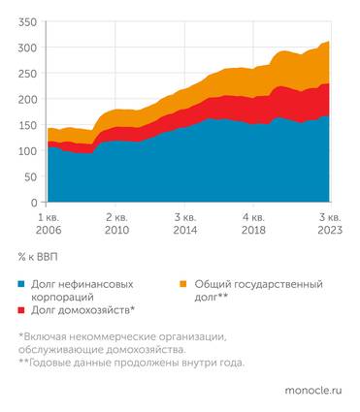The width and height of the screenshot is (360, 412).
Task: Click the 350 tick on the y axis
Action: tap(27, 21)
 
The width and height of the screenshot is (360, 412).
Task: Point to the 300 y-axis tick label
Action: tap(27, 48)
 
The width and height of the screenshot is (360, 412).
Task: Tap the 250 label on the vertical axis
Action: tap(27, 74)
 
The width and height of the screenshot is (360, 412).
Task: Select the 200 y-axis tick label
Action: tap(27, 100)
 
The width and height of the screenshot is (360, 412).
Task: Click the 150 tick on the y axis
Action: tap(27, 125)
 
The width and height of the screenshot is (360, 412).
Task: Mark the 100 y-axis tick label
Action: tap(27, 151)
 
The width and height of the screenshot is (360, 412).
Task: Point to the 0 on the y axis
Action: tap(33, 204)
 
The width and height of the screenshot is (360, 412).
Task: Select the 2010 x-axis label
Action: tap(116, 231)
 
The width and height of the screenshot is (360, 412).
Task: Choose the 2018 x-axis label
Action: tap(254, 231)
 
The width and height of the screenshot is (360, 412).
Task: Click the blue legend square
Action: tap(22, 284)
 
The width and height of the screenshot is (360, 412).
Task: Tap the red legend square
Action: tap(22, 310)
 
